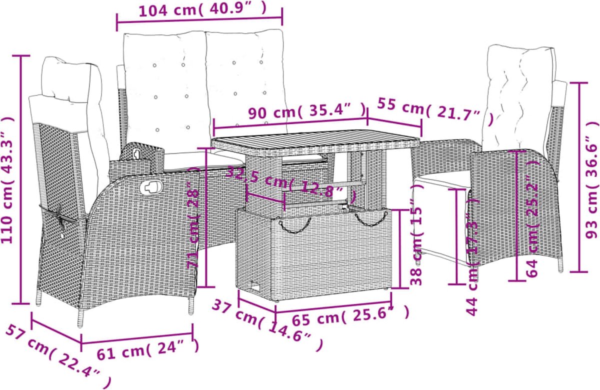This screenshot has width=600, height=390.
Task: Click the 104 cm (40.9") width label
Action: (x=203, y=10)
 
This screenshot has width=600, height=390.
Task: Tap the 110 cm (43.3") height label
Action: (x=7, y=180)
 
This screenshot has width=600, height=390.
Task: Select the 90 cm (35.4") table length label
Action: (x=306, y=110)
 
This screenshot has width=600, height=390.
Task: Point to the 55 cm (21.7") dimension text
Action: (x=435, y=112)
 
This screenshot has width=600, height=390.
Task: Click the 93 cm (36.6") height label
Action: (x=592, y=179)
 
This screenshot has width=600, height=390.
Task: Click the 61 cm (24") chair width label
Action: (x=148, y=349)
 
